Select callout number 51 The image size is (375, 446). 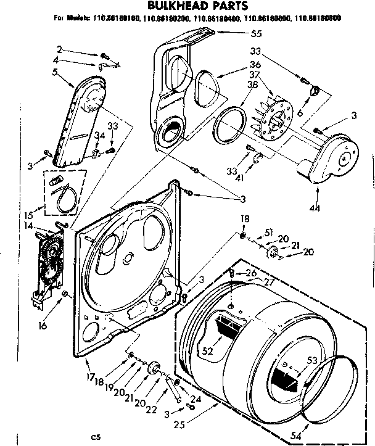(268, 232)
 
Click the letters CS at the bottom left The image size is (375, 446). (96, 437)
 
